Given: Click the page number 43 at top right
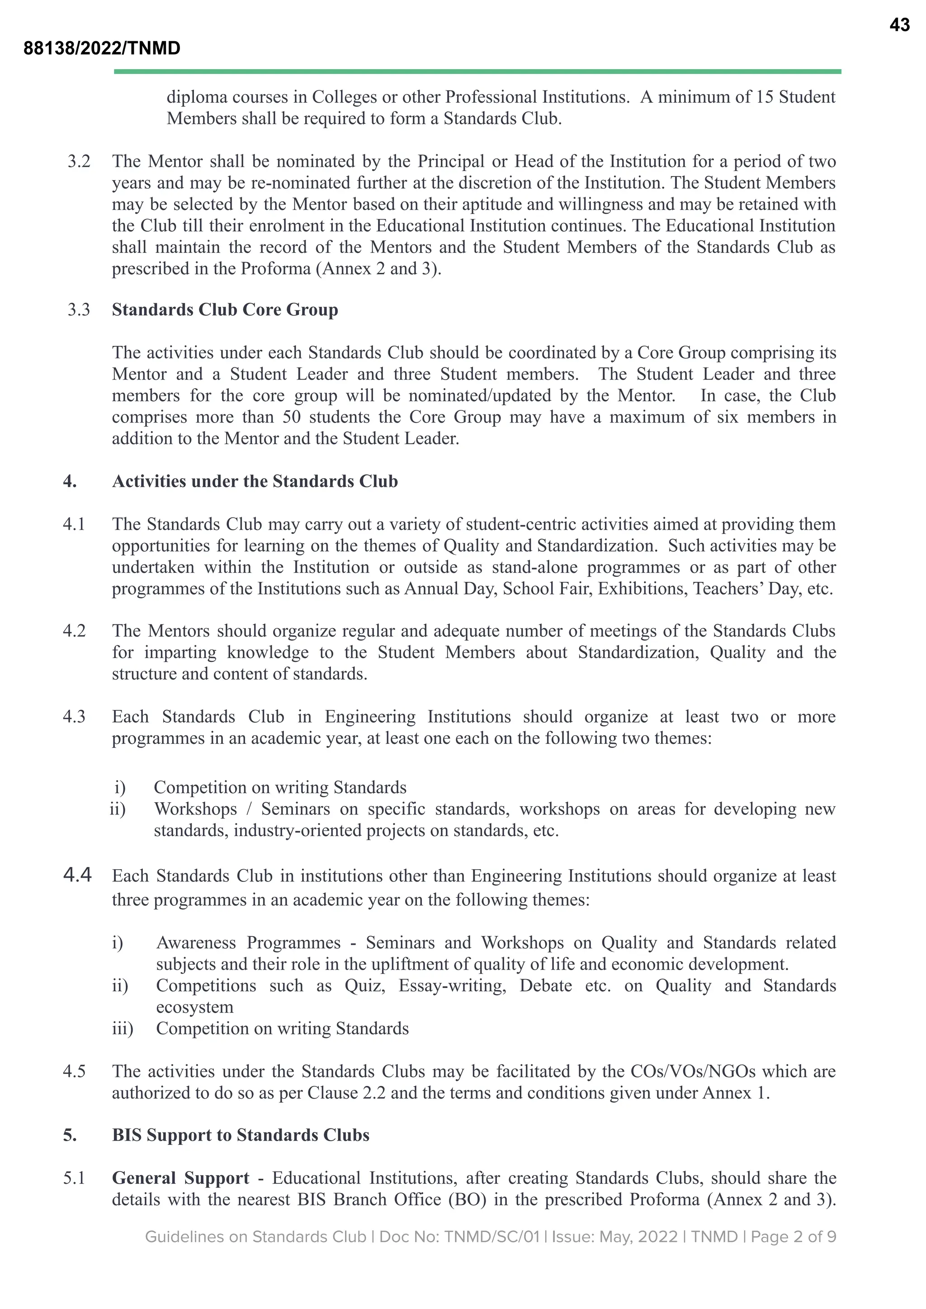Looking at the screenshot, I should point(899,25).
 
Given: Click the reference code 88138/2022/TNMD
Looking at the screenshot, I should point(102,48).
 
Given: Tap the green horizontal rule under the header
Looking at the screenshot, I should point(477,72).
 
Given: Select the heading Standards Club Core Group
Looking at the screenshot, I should point(225,310).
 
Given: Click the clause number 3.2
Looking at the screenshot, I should point(79,162).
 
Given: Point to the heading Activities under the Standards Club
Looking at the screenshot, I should point(255,481).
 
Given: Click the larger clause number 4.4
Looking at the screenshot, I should point(78,875).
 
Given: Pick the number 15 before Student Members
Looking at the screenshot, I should point(764,97).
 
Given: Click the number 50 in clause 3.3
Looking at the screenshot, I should point(291,417).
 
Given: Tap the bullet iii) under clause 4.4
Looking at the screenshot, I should point(122,1028).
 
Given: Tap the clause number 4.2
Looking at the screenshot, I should point(74,631).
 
